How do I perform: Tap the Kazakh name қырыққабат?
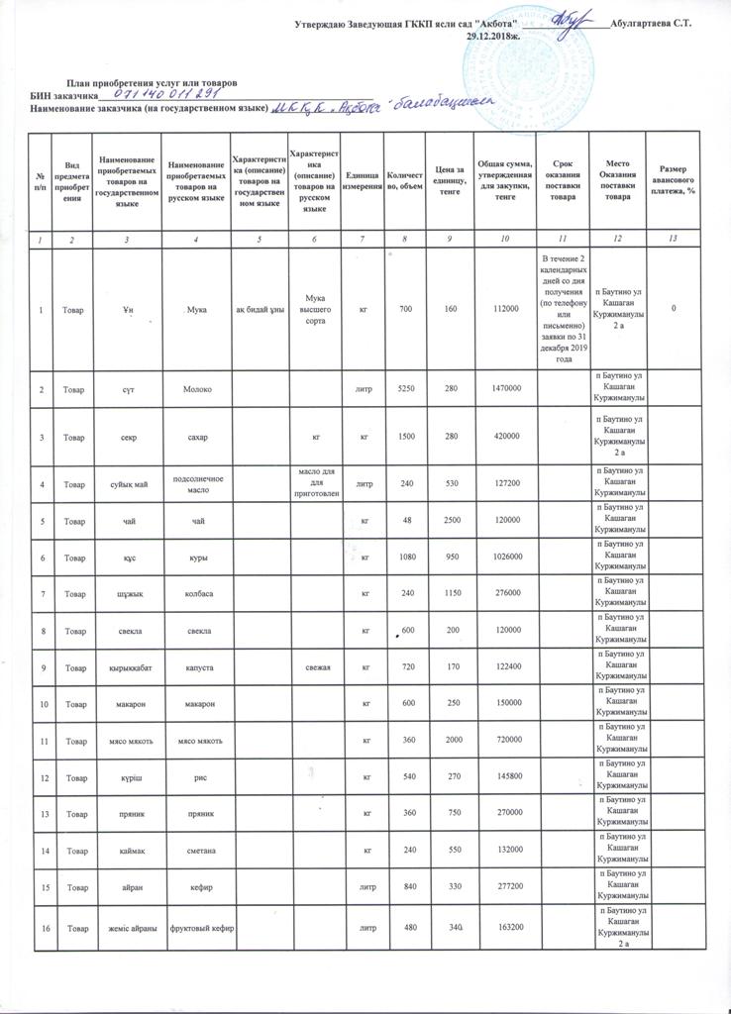pyautogui.click(x=121, y=667)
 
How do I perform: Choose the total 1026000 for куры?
pyautogui.click(x=503, y=558)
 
